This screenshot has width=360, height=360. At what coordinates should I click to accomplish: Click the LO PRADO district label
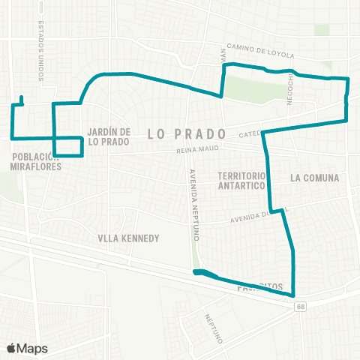pyautogui.click(x=187, y=133)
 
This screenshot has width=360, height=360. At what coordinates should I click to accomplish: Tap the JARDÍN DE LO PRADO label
pyautogui.click(x=109, y=136)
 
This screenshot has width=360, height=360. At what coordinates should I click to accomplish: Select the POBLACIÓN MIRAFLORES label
pyautogui.click(x=35, y=162)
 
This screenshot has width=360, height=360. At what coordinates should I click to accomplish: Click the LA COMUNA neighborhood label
pyautogui.click(x=313, y=178)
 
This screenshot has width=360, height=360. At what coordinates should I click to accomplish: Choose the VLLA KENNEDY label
pyautogui.click(x=129, y=238)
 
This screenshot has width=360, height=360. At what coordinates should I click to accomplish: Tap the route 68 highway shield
pyautogui.click(x=301, y=306)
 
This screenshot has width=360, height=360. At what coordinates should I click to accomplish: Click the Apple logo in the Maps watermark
pyautogui.click(x=11, y=348)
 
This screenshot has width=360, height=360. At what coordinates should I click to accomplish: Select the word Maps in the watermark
pyautogui.click(x=32, y=348)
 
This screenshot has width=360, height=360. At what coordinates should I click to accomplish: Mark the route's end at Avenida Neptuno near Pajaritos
pyautogui.click(x=196, y=272)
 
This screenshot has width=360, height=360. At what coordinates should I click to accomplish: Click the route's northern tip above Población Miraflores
pyautogui.click(x=22, y=97)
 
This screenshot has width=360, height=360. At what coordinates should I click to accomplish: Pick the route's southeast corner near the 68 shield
pyautogui.click(x=293, y=295)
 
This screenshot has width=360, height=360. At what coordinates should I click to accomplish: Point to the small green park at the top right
pyautogui.click(x=322, y=29)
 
